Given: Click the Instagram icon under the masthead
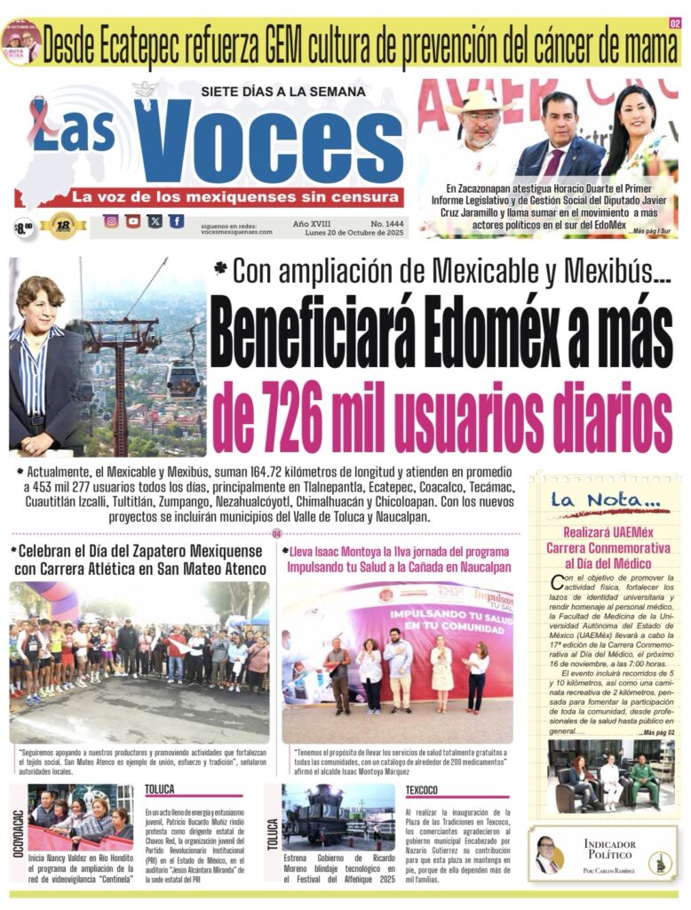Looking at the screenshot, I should pos(111,221).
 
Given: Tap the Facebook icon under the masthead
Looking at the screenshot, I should pos(177,221).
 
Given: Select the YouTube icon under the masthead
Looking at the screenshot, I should pos(133,221).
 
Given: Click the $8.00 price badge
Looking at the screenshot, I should pos(24,227).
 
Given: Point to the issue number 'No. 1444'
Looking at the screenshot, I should pos(377,222).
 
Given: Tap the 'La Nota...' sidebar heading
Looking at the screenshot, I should pos(597,500).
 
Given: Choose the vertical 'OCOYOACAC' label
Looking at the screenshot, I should pos(18,830).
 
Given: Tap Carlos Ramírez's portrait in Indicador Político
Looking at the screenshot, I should pos(547,856).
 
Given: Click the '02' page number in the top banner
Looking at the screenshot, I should pos(675,22).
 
